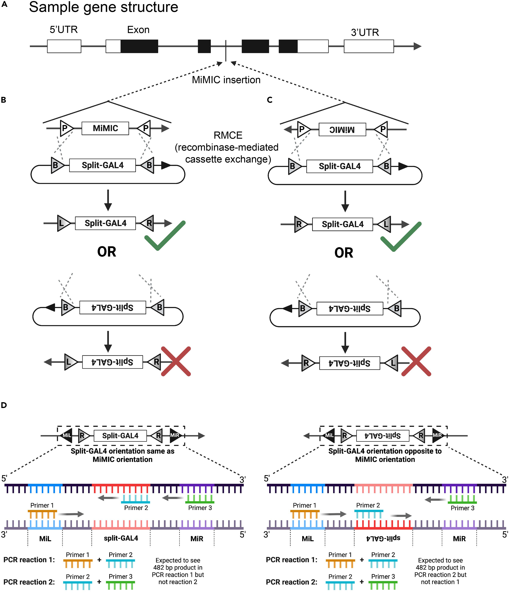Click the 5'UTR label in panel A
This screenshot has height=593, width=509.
64,29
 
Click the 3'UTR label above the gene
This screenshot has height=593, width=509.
365,32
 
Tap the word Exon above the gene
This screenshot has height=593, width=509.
138,30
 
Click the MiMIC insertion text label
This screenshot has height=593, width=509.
226,80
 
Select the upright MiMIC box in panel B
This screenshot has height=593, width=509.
105,128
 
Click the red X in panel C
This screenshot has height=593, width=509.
416,361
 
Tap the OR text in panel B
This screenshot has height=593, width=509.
107,252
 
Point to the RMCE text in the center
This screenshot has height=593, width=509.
228,135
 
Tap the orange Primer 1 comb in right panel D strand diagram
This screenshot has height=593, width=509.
305,514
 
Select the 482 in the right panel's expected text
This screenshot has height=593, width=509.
421,567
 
